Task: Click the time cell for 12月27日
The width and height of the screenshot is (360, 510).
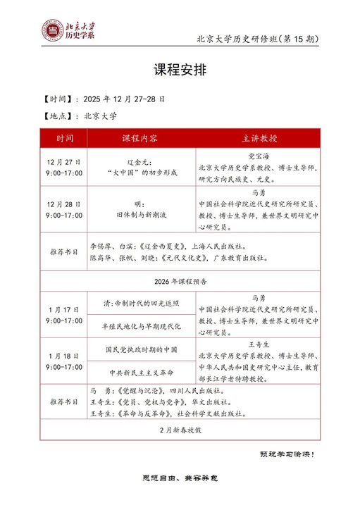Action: (x=64, y=167)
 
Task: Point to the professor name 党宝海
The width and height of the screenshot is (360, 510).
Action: (x=259, y=156)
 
